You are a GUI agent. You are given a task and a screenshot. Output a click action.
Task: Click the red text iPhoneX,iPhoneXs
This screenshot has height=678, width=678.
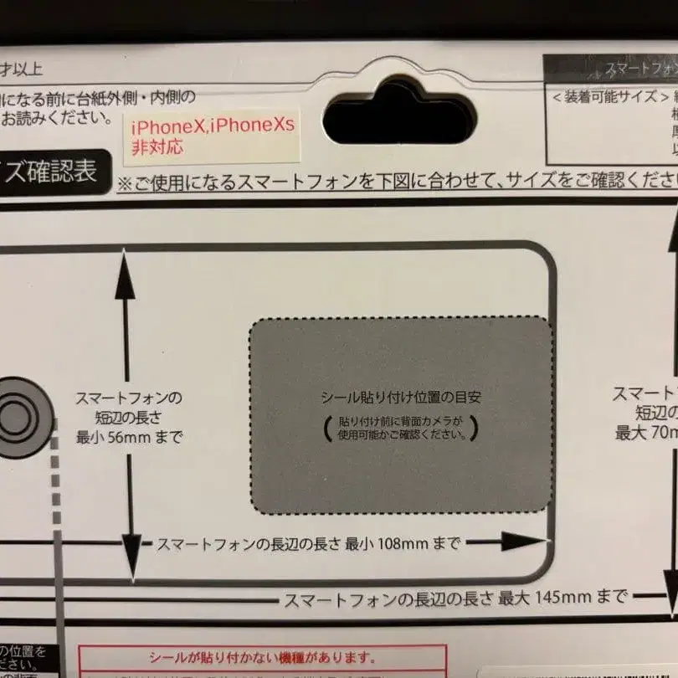(213, 128)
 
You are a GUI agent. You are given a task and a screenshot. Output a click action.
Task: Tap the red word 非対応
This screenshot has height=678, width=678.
(157, 147)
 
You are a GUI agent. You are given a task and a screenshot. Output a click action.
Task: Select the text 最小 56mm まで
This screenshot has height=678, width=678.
(128, 437)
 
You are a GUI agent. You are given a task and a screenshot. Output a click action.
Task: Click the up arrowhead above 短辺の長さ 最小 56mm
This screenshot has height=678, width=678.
(126, 272)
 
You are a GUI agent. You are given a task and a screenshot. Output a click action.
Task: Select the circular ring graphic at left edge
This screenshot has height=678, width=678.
(18, 415)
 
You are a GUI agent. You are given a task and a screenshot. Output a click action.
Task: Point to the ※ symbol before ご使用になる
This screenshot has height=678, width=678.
(124, 182)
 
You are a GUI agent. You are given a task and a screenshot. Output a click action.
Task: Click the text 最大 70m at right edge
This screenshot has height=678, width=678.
(645, 433)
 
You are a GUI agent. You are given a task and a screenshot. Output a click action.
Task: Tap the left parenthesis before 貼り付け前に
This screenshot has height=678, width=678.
(326, 428)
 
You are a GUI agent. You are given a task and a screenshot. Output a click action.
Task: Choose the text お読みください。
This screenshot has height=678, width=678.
(57, 117)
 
